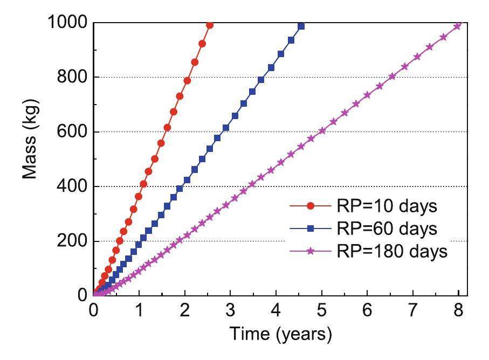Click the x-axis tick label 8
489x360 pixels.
tap(458, 311)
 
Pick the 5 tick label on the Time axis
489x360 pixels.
tap(322, 311)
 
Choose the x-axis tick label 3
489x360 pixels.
tap(231, 311)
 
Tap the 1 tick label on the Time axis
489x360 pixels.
tap(140, 311)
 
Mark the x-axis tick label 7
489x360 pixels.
tap(413, 311)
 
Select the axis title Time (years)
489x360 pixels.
tap(280, 335)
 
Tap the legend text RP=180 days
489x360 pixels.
tap(392, 251)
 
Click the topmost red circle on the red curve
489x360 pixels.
tap(210, 25)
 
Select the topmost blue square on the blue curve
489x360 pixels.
tap(301, 26)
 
